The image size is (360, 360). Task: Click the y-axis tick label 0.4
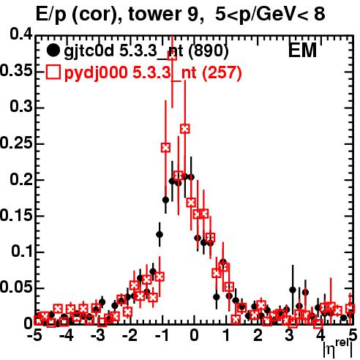pyautogui.click(x=21, y=34)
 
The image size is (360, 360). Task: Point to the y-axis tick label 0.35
pyautogui.click(x=16, y=71)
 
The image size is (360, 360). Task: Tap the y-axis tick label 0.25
pyautogui.click(x=16, y=143)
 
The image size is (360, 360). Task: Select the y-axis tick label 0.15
pyautogui.click(x=16, y=215)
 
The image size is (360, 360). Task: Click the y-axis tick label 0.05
pyautogui.click(x=16, y=288)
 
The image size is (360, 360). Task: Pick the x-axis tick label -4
pyautogui.click(x=67, y=335)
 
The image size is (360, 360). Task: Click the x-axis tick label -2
pyautogui.click(x=130, y=335)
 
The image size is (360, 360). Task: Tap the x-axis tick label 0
pyautogui.click(x=194, y=335)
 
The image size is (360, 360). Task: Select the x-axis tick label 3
pyautogui.click(x=289, y=335)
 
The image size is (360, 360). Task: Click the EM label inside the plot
pyautogui.click(x=302, y=50)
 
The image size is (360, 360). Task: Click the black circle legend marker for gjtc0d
pyautogui.click(x=53, y=50)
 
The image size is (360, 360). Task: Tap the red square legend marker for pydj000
pyautogui.click(x=53, y=72)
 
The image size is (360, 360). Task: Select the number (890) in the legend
pyautogui.click(x=209, y=51)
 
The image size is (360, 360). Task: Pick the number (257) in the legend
pyautogui.click(x=222, y=72)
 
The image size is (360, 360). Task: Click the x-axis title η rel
pyautogui.click(x=339, y=348)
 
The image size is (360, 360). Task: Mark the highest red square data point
pyautogui.click(x=172, y=56)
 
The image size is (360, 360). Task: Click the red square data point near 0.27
pyautogui.click(x=185, y=129)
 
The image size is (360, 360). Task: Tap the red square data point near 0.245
pyautogui.click(x=165, y=148)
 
